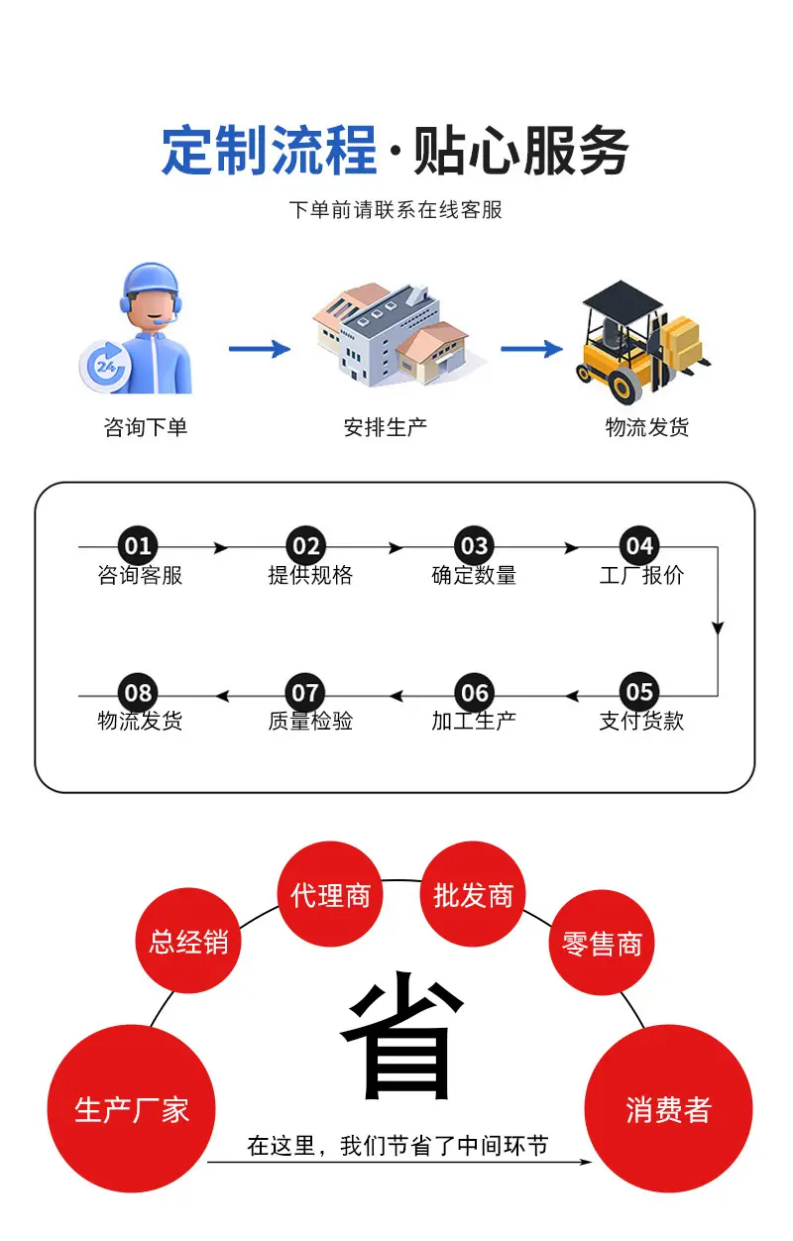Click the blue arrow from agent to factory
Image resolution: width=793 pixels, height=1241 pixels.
(x=259, y=348)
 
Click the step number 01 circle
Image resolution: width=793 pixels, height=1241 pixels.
(x=138, y=546)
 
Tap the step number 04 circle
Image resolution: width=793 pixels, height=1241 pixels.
(x=639, y=546)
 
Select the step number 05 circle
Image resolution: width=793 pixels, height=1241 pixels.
(x=639, y=692)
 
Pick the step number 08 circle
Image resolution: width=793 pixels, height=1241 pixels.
(x=138, y=692)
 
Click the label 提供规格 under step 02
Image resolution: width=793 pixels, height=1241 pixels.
(x=310, y=576)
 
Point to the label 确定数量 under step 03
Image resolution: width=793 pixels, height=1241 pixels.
(x=474, y=576)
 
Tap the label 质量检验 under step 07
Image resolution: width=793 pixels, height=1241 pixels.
(x=310, y=722)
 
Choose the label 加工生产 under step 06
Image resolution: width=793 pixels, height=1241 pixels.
(x=474, y=722)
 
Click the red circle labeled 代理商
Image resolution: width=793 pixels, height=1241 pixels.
(x=330, y=895)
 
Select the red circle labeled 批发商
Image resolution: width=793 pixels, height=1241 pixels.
(x=473, y=895)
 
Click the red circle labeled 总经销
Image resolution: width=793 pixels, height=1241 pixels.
(x=188, y=941)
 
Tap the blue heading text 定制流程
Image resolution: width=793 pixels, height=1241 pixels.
(x=270, y=152)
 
